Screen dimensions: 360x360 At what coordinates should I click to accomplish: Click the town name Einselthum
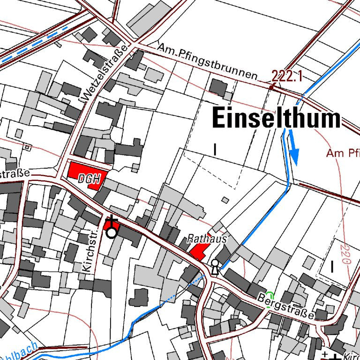pos(276,118)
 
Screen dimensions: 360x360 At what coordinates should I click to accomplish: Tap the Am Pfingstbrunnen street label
pos(208,62)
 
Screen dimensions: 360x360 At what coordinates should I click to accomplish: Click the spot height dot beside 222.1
pos(271,87)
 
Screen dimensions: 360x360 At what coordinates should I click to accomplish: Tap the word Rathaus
pos(207,239)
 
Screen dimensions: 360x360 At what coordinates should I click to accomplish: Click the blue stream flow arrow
pos(294,149)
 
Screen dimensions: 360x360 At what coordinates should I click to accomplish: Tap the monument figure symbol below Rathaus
pos(215,266)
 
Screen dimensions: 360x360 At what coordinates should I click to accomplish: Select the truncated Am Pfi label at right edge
pos(343,153)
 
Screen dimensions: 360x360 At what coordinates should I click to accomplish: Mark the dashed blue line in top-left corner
pos(33,45)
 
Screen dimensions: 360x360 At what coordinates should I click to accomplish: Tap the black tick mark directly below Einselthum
pos(215,150)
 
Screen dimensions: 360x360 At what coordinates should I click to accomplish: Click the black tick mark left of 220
pos(332,267)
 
